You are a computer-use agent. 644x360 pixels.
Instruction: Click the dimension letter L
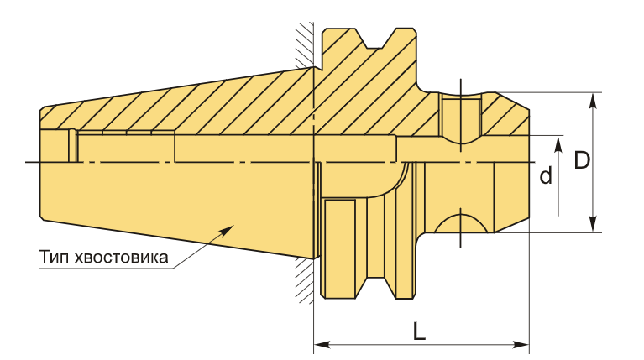419,331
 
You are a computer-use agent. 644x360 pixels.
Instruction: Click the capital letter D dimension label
582,160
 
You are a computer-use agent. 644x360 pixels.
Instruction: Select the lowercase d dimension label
546,175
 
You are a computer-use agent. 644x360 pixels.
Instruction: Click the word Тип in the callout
55,258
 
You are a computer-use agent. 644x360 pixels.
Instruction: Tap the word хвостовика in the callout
121,258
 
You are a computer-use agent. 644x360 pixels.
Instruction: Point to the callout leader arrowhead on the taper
228,230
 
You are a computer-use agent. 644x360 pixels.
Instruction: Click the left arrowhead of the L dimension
322,344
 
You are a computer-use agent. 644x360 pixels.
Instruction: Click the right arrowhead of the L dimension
521,344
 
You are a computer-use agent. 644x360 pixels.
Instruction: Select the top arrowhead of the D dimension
592,101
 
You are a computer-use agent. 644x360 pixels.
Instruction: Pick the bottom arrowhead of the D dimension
592,224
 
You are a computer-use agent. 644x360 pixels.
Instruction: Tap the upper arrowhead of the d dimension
558,144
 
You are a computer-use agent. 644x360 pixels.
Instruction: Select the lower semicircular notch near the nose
461,223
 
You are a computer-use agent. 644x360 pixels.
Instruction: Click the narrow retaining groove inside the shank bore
73,146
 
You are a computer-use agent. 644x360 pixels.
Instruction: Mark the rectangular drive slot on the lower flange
340,248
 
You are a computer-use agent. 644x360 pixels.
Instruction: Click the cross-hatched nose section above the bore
505,115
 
